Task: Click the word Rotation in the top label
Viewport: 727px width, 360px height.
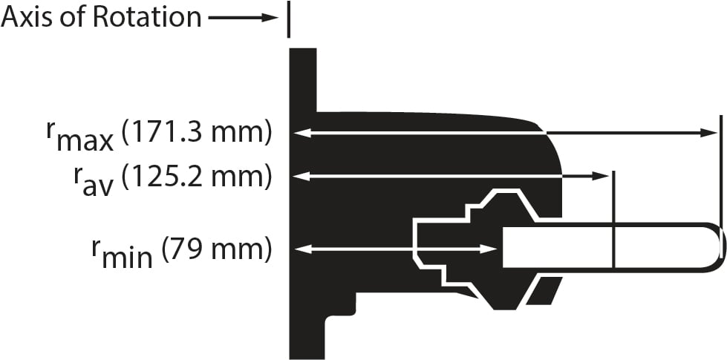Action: (x=146, y=16)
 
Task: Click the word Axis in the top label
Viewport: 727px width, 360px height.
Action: (x=26, y=16)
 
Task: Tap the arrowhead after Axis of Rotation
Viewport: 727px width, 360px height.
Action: (x=270, y=17)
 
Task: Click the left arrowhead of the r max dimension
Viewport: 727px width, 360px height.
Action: (x=299, y=133)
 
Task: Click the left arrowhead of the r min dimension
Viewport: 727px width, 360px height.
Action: (x=299, y=249)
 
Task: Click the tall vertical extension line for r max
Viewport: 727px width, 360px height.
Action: (x=720, y=171)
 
